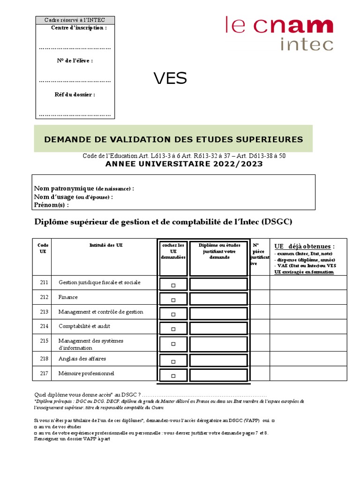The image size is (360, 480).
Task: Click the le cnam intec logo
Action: click(x=279, y=33)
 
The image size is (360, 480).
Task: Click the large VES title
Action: click(x=170, y=79)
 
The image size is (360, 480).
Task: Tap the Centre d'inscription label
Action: click(x=79, y=28)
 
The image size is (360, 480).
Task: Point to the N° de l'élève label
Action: click(x=75, y=60)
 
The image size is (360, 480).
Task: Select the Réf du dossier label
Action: click(x=75, y=94)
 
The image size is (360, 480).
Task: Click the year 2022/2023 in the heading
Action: click(x=239, y=164)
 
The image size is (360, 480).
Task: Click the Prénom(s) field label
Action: click(x=52, y=205)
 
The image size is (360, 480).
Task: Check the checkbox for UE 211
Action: click(x=173, y=285)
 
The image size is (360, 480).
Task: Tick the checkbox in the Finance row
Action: click(x=173, y=300)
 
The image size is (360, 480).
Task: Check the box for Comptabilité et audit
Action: click(x=173, y=329)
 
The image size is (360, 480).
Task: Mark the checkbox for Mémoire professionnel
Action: click(x=173, y=375)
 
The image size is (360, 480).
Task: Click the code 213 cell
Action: click(x=44, y=312)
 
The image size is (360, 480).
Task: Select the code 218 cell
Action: click(x=44, y=359)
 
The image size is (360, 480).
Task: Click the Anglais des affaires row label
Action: click(x=82, y=359)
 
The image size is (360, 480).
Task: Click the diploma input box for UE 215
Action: click(x=218, y=344)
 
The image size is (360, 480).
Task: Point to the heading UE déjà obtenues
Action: click(x=304, y=247)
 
